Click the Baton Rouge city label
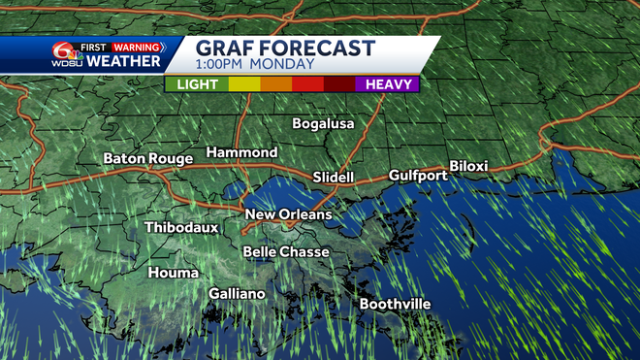pos(148,158)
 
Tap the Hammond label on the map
pos(241,152)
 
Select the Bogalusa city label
pos(324,124)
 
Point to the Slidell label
pos(334,178)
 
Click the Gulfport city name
pos(418,176)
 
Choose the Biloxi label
pos(467,166)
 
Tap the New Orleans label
pos(288,214)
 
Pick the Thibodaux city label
pos(181,228)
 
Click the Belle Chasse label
pos(285,252)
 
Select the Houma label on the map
pos(174,273)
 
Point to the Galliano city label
pos(237,294)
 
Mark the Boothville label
pos(395,304)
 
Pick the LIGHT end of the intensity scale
pos(197,84)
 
